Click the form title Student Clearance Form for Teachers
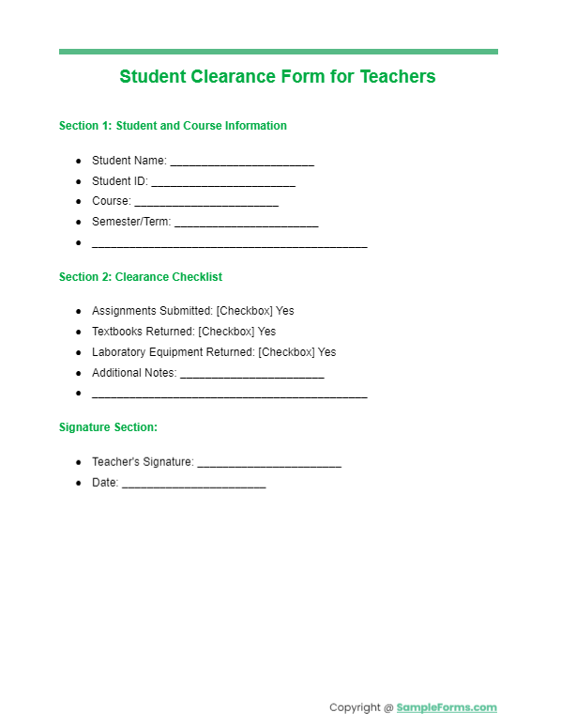coord(278,77)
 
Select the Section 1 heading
coord(173,126)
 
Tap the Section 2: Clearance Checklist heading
coord(141,277)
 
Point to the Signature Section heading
coord(108,427)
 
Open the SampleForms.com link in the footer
coord(447,708)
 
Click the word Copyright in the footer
coord(356,708)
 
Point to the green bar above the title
coord(278,52)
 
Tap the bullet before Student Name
coord(80,161)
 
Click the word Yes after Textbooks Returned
coord(266,332)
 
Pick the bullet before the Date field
coord(80,483)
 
